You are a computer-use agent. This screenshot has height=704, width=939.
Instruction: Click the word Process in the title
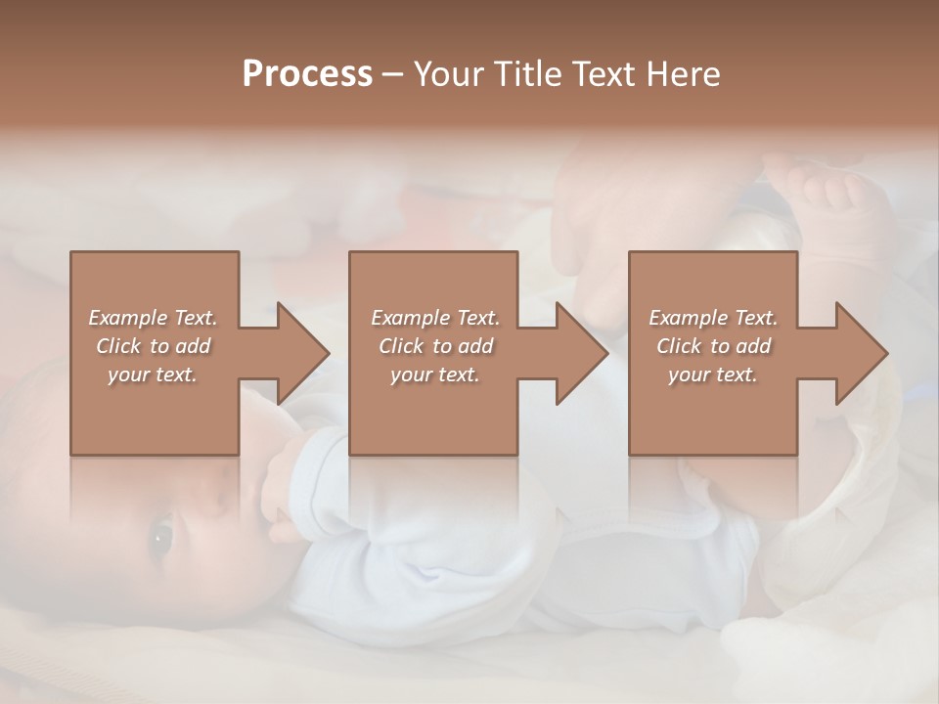click(x=307, y=74)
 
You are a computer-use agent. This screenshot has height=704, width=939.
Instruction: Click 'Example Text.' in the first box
click(x=153, y=318)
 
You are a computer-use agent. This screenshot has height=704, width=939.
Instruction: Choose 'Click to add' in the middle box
click(x=435, y=346)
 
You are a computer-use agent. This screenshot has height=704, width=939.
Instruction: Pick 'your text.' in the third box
click(x=713, y=374)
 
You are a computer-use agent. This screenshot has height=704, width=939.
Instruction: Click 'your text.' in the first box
click(x=153, y=374)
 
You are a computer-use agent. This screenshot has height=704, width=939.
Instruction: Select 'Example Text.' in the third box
click(x=713, y=318)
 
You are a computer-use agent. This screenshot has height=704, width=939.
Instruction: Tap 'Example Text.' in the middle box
click(x=435, y=318)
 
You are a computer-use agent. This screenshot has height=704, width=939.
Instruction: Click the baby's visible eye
click(x=160, y=536)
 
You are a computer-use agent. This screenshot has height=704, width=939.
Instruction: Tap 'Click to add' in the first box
click(x=153, y=346)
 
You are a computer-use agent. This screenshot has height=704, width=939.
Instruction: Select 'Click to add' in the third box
click(x=713, y=346)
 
